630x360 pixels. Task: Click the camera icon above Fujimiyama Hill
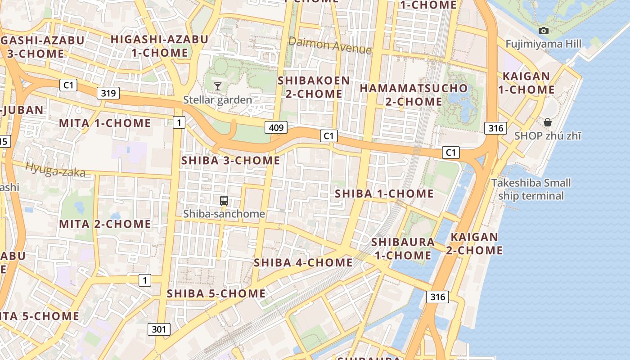pyautogui.click(x=544, y=31)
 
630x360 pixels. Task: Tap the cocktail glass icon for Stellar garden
pyautogui.click(x=218, y=86)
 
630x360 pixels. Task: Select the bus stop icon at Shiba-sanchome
pyautogui.click(x=224, y=201)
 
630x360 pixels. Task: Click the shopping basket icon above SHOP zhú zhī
pyautogui.click(x=548, y=122)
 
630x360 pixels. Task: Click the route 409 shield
pyautogui.click(x=276, y=128)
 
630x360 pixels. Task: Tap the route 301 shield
pyautogui.click(x=159, y=329)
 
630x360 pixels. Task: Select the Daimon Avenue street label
pyautogui.click(x=330, y=45)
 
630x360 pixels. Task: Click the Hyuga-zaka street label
pyautogui.click(x=55, y=169)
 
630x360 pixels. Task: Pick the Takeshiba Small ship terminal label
pyautogui.click(x=531, y=189)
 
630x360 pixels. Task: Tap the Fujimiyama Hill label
pyautogui.click(x=543, y=44)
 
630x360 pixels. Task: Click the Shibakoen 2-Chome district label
pyautogui.click(x=314, y=87)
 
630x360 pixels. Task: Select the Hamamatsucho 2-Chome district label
pyautogui.click(x=414, y=95)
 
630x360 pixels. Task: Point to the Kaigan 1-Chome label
pyautogui.click(x=526, y=83)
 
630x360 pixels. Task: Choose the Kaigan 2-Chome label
pyautogui.click(x=474, y=243)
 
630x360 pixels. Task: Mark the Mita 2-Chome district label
pyautogui.click(x=105, y=224)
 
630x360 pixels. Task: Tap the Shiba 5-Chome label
pyautogui.click(x=216, y=293)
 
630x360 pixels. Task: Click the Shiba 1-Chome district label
pyautogui.click(x=384, y=194)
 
